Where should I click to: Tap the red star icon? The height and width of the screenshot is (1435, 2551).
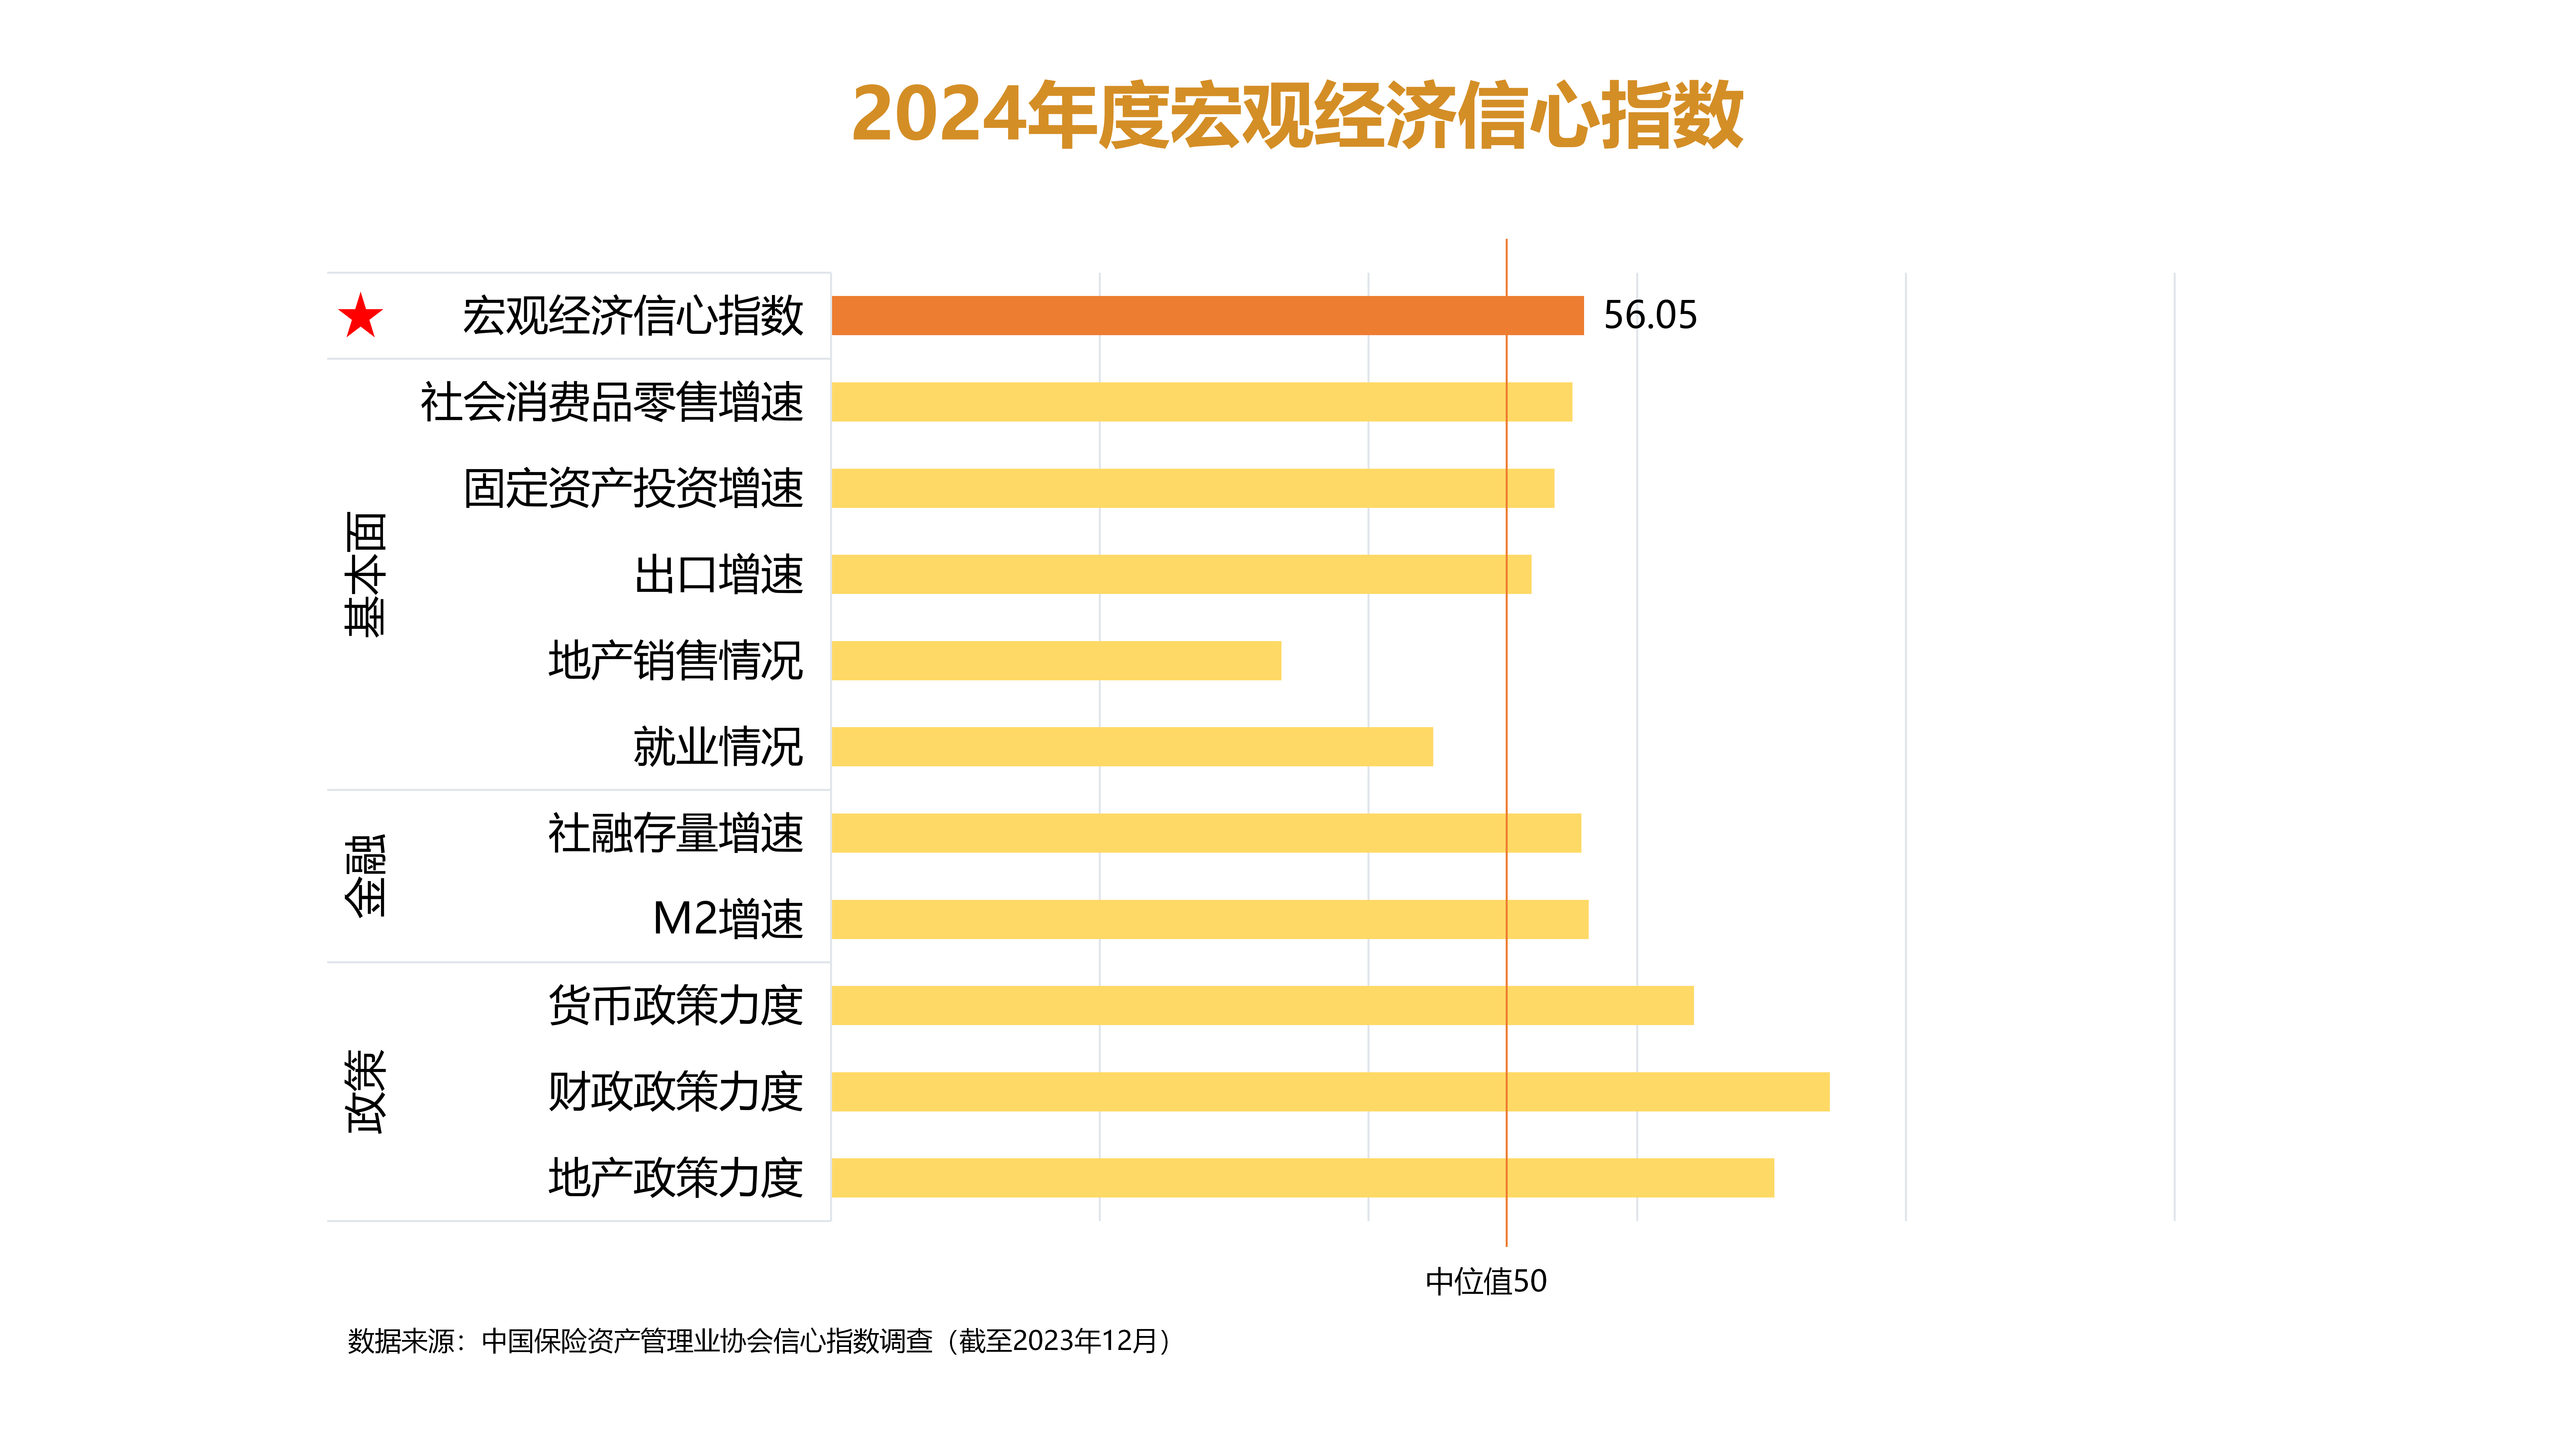(360, 316)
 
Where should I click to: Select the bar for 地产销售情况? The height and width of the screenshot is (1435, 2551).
(1056, 661)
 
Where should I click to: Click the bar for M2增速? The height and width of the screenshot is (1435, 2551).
(1209, 919)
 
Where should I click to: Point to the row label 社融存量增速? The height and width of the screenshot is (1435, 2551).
(675, 833)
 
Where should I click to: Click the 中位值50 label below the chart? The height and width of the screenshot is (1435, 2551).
(1485, 1282)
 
